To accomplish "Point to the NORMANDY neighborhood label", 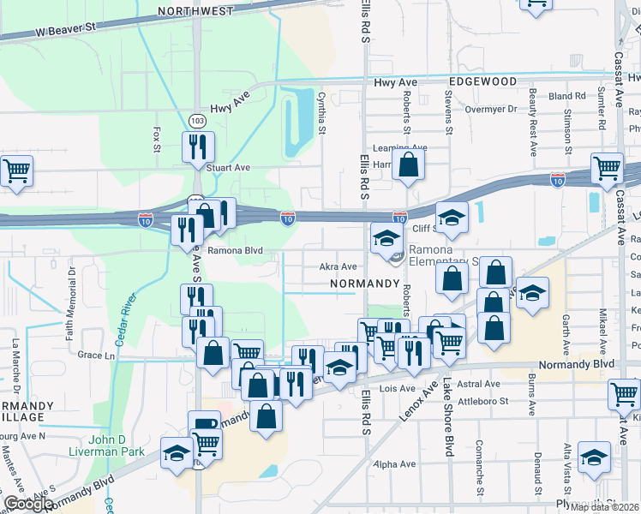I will point(366,283).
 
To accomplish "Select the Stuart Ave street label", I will point(229,168).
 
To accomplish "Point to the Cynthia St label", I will point(322,113).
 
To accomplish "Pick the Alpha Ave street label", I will point(395,464).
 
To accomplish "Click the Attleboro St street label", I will point(483,400).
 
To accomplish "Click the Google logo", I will point(28,504).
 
